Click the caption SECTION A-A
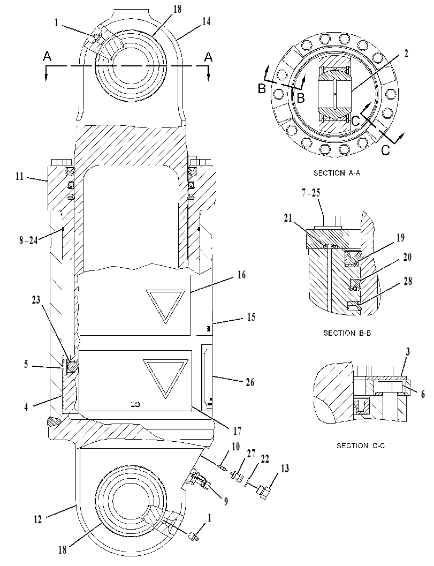337,173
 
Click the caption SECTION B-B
347,333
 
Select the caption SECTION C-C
361,446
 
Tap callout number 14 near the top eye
206,21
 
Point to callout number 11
19,177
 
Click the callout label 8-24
28,240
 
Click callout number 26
250,382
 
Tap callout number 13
285,469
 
